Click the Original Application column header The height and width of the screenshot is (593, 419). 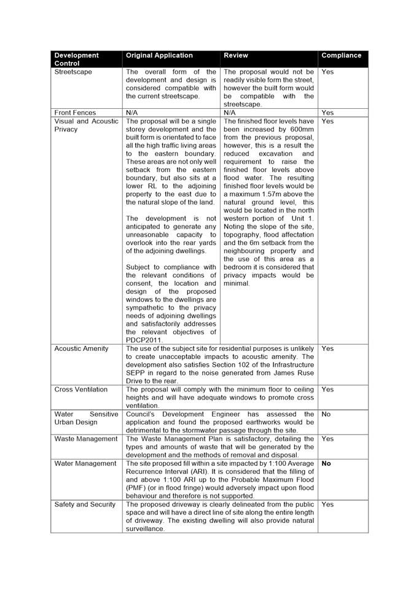[159, 55]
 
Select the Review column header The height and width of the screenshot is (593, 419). [236, 55]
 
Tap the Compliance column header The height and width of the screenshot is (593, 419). [341, 55]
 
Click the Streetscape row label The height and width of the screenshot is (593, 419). [73, 72]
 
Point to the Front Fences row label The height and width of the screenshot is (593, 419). [75, 113]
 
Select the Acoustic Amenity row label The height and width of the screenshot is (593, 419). [81, 348]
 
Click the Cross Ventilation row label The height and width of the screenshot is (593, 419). [81, 390]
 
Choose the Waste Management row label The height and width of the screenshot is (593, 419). [85, 439]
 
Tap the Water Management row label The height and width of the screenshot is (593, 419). [85, 463]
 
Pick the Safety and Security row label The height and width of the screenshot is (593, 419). [85, 505]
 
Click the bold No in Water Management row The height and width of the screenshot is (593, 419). [326, 463]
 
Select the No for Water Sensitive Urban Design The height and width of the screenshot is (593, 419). [326, 414]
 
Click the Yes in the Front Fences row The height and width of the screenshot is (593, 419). [327, 113]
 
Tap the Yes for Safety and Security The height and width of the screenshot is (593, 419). [327, 505]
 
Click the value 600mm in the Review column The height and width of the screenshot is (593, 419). [300, 130]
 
